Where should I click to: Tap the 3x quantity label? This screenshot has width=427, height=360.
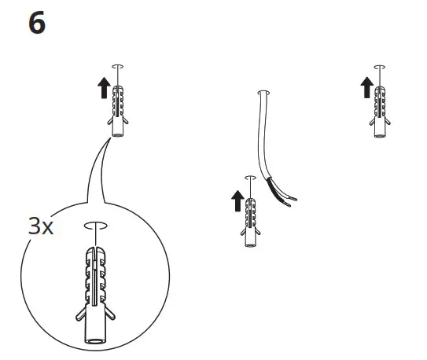point(41,228)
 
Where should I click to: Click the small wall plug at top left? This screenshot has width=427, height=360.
point(118,108)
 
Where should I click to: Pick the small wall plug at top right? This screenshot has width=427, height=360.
point(380,108)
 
